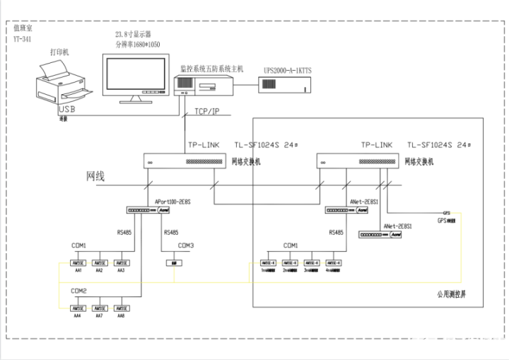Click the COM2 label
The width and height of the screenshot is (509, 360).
(x=78, y=291)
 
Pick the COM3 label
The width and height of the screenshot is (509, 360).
(x=185, y=245)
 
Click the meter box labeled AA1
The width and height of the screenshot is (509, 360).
(x=79, y=262)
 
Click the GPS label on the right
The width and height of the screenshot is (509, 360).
(x=445, y=213)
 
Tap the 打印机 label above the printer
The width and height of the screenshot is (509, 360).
(x=60, y=52)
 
